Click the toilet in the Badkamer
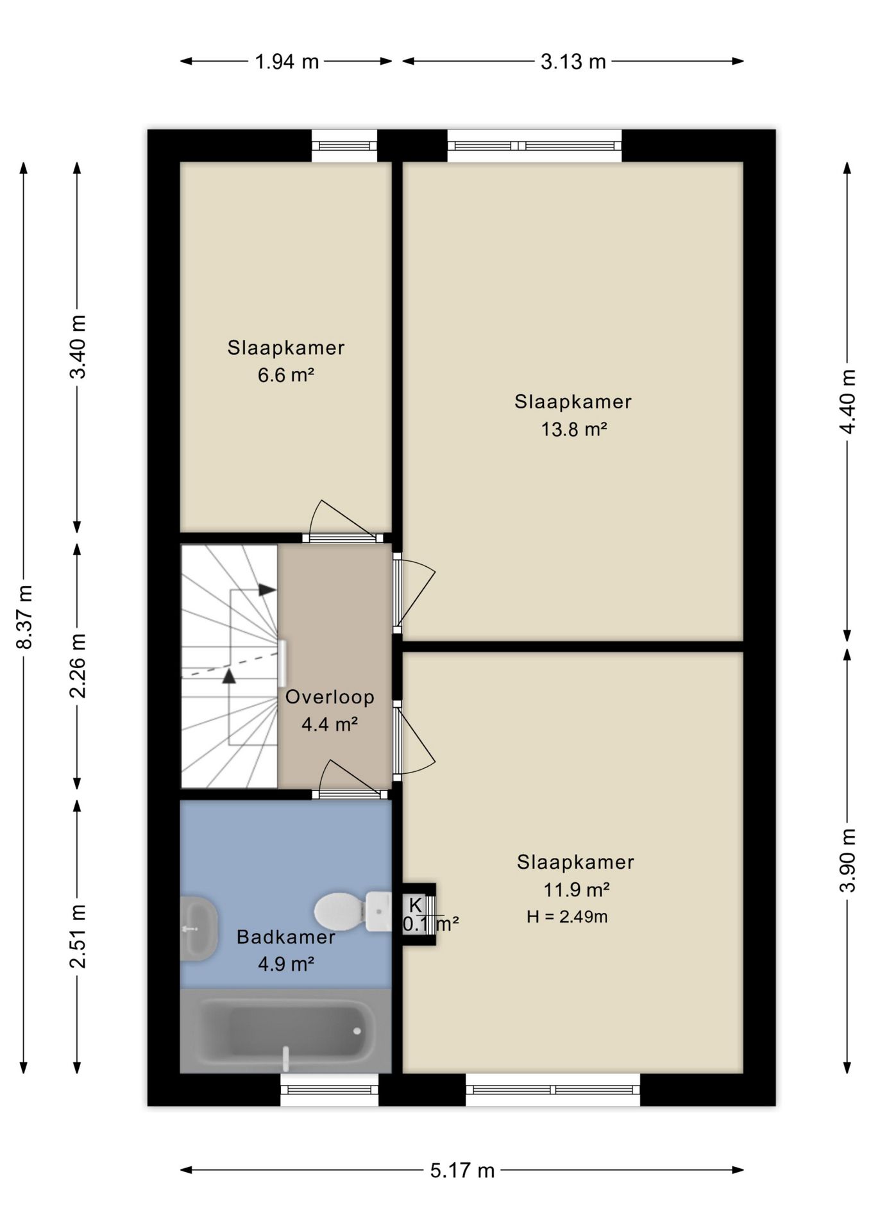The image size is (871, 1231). tap(353, 911)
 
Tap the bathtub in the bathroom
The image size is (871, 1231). tap(286, 1030)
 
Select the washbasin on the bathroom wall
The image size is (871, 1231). tap(198, 928)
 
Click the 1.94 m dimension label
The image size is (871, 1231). tap(287, 62)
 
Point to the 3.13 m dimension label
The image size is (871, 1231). tap(573, 62)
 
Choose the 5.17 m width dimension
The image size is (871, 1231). tap(462, 1171)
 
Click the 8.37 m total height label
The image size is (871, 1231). tap(24, 617)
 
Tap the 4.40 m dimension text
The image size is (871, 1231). tap(848, 401)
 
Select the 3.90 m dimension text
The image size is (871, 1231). tap(848, 860)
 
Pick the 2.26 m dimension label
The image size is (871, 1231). tap(78, 666)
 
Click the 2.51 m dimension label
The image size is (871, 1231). tap(78, 936)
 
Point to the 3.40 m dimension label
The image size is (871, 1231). tap(78, 347)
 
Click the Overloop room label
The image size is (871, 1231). tap(330, 697)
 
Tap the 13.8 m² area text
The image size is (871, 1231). tap(574, 429)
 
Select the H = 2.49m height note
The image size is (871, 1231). tap(567, 917)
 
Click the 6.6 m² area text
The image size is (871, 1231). tap(286, 375)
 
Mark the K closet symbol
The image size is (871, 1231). tap(416, 905)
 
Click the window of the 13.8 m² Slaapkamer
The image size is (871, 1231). tap(534, 146)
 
